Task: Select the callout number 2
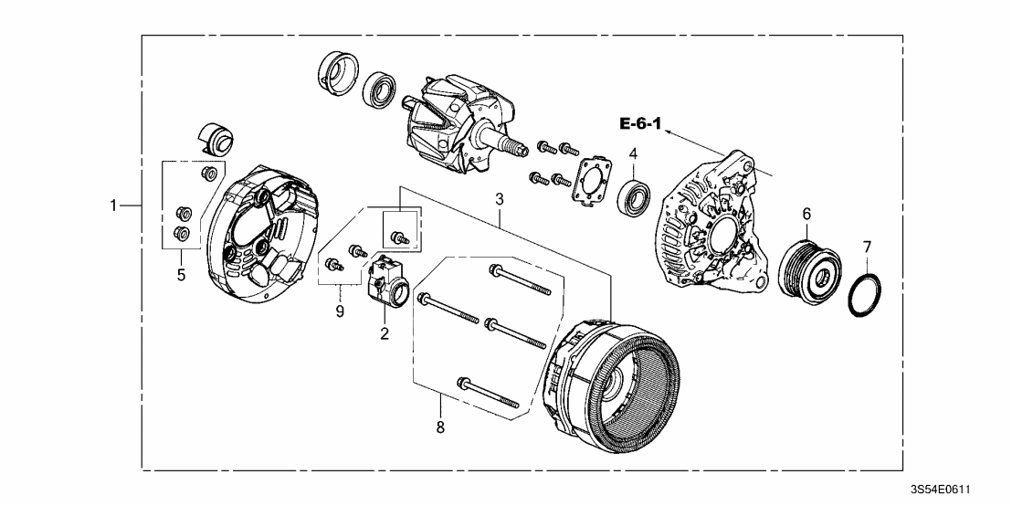click(385, 334)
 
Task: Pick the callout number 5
click(181, 274)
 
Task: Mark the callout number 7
click(867, 247)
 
